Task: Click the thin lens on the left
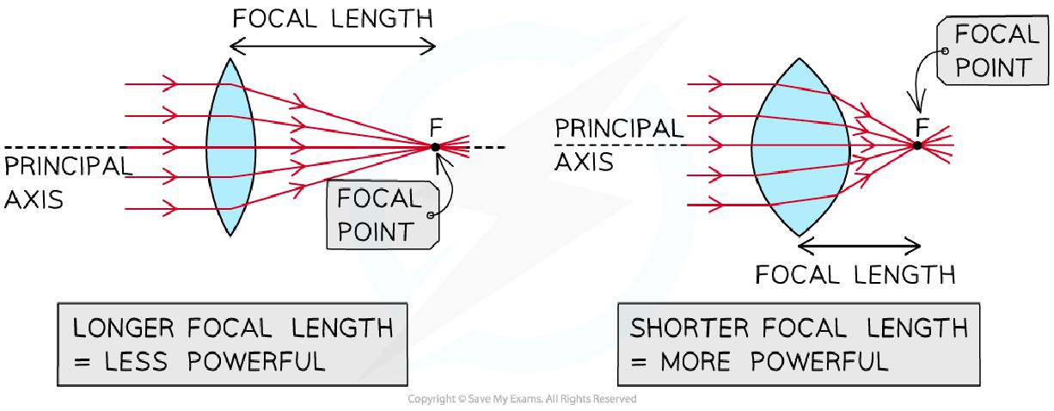[x=226, y=146]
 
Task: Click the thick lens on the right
[x=800, y=146]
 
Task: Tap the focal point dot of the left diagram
[x=436, y=147]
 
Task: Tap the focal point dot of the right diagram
[x=917, y=144]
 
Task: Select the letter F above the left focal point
[x=436, y=126]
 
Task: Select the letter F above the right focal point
[x=922, y=126]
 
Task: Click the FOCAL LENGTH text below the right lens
[x=855, y=276]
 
